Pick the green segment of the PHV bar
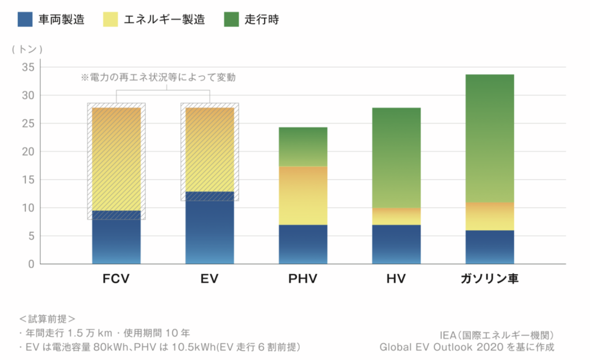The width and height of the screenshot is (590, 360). click(303, 147)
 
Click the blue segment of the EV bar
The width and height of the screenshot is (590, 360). click(210, 228)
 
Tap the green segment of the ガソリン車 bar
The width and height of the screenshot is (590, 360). click(490, 138)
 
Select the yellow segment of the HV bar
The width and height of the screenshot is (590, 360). click(396, 216)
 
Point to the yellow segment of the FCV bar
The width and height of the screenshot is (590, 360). click(116, 159)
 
